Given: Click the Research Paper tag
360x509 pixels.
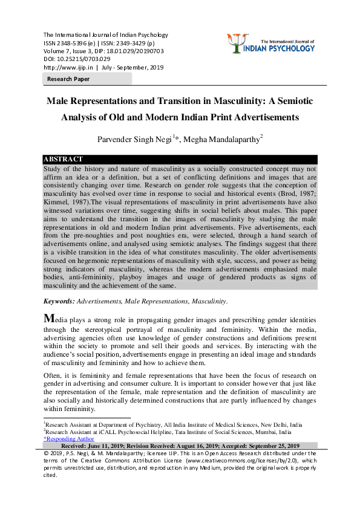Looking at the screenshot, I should pos(68,79).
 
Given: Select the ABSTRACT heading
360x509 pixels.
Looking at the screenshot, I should pos(63,159).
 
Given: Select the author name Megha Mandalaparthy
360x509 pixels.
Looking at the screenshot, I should pos(224,138).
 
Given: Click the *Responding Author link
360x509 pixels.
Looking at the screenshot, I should pos(68,439).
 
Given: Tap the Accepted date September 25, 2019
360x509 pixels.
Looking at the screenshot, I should pos(278,446).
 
